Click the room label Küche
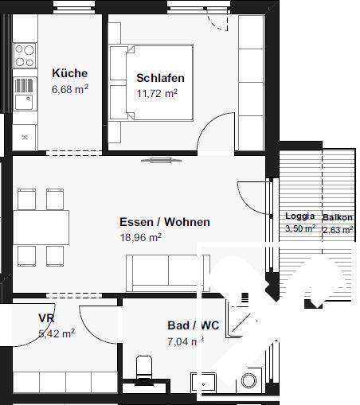(x=69, y=73)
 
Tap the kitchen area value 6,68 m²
(x=69, y=89)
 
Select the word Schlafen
(x=160, y=78)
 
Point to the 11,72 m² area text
(x=156, y=93)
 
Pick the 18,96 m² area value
(x=140, y=237)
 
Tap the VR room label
(x=46, y=318)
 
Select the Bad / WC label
(x=193, y=325)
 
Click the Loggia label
(x=299, y=216)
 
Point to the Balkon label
(x=337, y=216)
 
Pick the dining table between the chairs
(x=40, y=222)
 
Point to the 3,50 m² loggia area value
(x=300, y=229)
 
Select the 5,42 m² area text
(x=56, y=333)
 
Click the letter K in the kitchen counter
(x=24, y=138)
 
